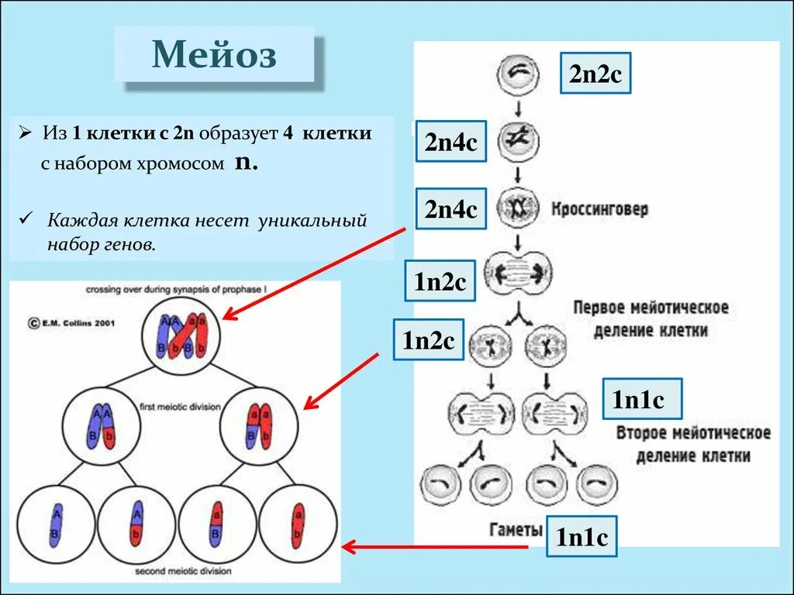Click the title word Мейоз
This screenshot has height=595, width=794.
point(214,55)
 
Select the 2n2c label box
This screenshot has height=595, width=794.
point(595,74)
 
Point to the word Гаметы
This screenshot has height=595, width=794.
point(516,529)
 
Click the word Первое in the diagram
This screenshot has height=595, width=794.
point(605,308)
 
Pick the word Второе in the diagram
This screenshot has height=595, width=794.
point(646,432)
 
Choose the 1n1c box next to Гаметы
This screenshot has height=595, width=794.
point(581,536)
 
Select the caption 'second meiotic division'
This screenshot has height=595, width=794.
point(182,572)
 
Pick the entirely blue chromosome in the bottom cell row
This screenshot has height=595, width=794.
point(57,526)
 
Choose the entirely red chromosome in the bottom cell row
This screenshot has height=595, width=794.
point(299,526)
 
